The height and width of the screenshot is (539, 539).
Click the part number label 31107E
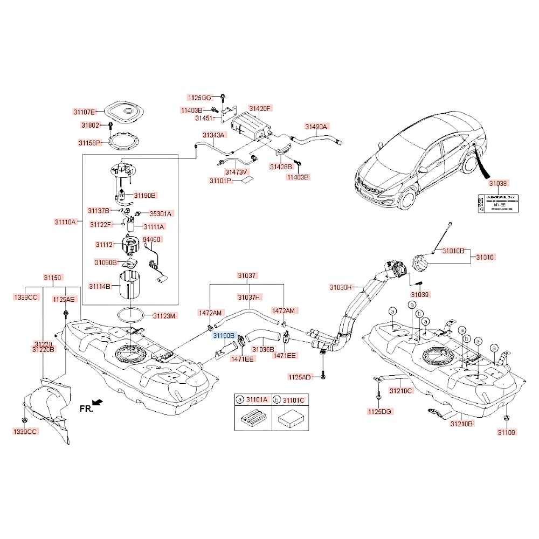(x=85, y=112)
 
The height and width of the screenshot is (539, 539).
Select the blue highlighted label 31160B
(x=224, y=335)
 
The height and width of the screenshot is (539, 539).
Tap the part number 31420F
(x=260, y=108)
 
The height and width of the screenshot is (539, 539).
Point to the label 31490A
(x=316, y=127)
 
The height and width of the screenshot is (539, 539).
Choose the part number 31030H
(x=340, y=287)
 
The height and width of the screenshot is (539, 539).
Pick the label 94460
(x=152, y=239)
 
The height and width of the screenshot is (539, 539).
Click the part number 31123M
(x=164, y=315)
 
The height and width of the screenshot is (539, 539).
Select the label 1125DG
(x=380, y=411)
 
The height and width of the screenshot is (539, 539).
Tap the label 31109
(x=507, y=432)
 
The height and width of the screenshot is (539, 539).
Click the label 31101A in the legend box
(x=257, y=399)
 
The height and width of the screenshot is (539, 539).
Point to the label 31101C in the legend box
(x=294, y=399)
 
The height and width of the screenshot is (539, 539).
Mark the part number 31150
(x=53, y=278)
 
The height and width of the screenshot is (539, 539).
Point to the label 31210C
(x=401, y=390)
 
